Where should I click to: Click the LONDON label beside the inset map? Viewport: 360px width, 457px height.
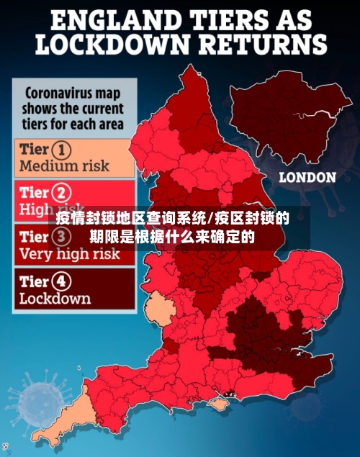pos(307,177)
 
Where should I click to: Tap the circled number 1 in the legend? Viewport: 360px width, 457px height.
pos(62,150)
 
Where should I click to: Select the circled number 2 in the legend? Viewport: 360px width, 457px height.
pos(62,193)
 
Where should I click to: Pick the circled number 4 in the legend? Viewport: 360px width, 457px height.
pos(62,281)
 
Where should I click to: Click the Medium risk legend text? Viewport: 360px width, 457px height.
pos(65,166)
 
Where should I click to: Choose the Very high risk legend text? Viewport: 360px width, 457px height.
pos(70,254)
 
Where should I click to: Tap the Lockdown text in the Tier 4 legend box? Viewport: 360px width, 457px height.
pos(55,298)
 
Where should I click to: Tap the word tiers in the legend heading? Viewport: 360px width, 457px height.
pos(39,124)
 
